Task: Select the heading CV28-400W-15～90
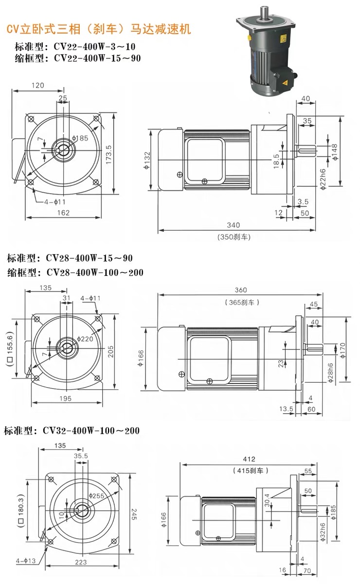pos(70,257)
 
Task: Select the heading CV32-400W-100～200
pos(72,431)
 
